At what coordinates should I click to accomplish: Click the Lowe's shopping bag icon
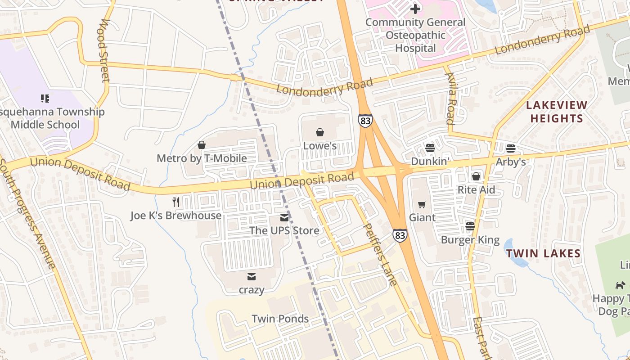click(x=319, y=132)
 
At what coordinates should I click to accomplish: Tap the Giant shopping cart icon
click(x=422, y=205)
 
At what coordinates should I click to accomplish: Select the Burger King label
click(x=470, y=240)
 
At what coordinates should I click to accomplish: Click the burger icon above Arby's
click(x=510, y=148)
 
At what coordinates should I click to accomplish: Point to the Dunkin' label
click(x=430, y=162)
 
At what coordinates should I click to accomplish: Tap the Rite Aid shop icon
click(x=476, y=176)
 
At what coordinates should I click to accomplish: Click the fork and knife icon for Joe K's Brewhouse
click(x=176, y=202)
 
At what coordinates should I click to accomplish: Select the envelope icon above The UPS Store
click(x=284, y=218)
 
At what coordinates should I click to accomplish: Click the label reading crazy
click(x=251, y=290)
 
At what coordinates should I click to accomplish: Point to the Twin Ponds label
click(x=280, y=319)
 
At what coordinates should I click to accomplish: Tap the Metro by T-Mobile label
click(x=202, y=158)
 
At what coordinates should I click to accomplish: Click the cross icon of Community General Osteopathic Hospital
click(x=415, y=9)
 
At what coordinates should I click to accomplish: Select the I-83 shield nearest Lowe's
click(x=365, y=121)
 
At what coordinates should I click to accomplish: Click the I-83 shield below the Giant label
click(x=400, y=235)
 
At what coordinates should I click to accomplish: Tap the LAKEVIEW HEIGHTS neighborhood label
click(x=557, y=112)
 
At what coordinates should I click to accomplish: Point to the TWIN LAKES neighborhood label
click(x=543, y=253)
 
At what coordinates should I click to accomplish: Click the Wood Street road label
click(x=104, y=50)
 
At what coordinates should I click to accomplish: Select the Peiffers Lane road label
click(x=380, y=254)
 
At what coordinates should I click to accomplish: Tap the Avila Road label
click(x=450, y=98)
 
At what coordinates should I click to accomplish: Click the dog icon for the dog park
click(x=620, y=285)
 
